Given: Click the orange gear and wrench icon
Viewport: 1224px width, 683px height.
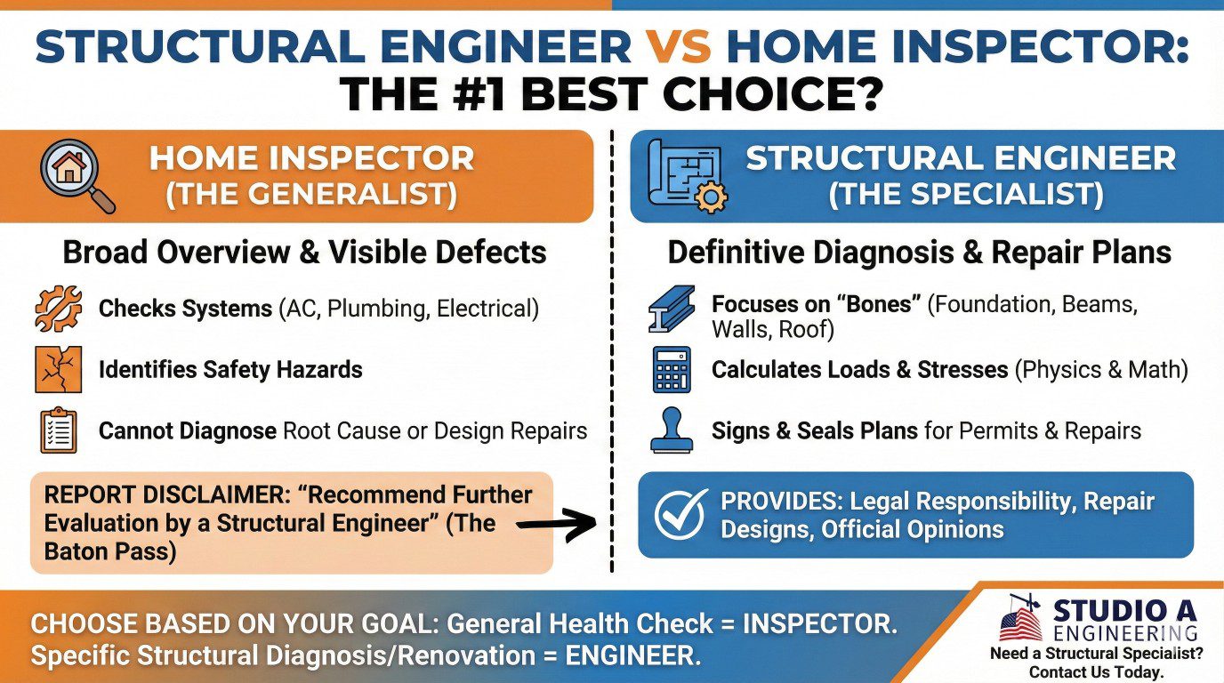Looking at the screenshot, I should point(58,309).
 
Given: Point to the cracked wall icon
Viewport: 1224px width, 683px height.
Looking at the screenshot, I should point(58,369).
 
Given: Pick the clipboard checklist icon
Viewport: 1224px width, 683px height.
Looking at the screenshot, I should point(59,431).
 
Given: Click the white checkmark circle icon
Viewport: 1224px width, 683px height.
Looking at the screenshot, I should point(681,514).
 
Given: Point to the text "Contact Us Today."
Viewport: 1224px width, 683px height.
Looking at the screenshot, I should point(1096,671).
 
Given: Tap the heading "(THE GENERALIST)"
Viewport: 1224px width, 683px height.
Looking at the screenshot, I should point(311,195).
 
